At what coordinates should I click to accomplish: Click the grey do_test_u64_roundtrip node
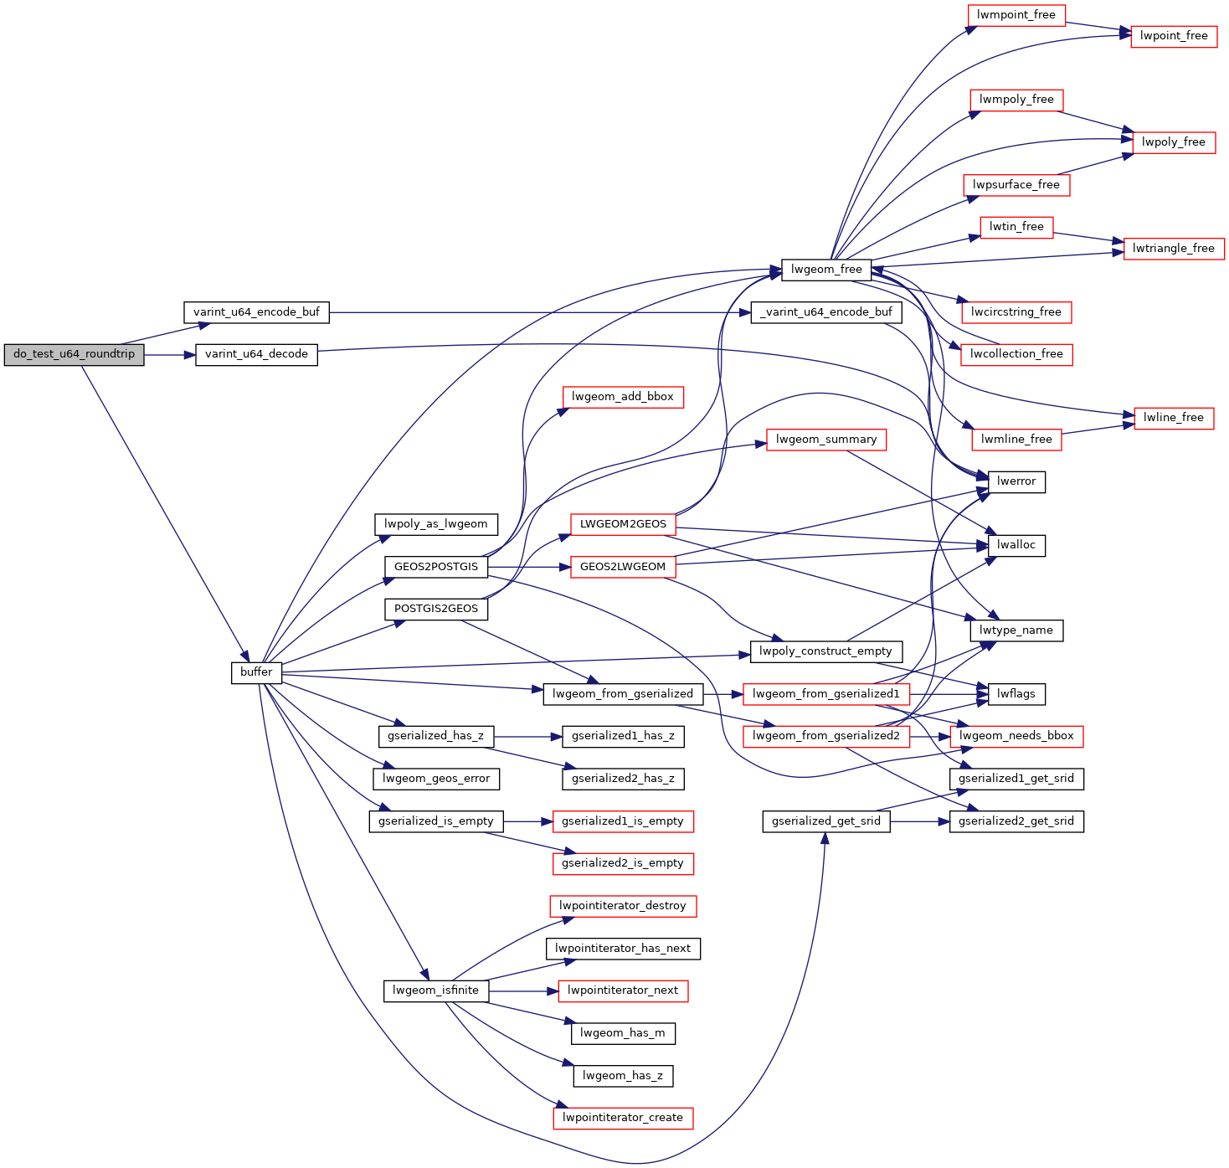74,354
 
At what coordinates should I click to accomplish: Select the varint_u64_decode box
256,354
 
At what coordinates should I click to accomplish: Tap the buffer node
256,672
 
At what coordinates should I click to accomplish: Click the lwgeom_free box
825,270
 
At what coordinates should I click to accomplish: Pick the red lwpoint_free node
1174,36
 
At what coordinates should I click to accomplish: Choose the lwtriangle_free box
1173,249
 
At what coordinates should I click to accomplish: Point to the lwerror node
1016,481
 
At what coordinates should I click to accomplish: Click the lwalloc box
1016,545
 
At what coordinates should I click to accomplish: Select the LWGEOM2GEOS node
623,524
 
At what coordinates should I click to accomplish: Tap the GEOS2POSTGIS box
436,567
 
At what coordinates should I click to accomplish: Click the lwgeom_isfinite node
435,990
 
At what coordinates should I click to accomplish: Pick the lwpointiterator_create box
623,1118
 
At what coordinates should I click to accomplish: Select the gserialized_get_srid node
825,821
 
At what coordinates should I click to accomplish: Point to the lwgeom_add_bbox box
623,397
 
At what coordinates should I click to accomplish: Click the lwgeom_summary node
825,440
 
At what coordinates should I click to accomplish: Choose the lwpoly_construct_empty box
825,651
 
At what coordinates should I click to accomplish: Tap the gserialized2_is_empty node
623,863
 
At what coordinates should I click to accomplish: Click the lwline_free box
1174,418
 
